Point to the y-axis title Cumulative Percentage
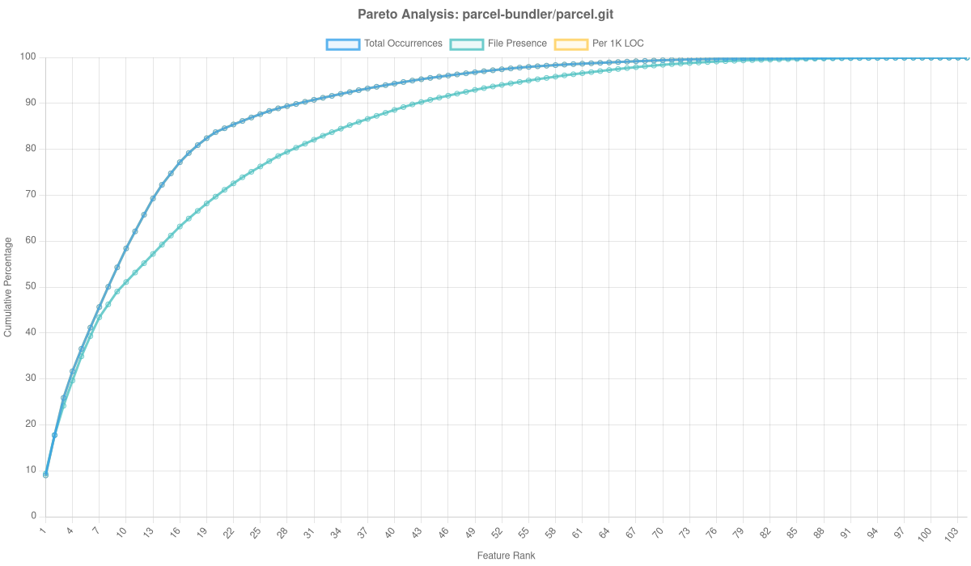8,287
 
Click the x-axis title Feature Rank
506,556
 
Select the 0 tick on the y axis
34,516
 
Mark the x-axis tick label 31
309,533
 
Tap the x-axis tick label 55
524,533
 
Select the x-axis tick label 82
765,533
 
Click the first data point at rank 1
45,475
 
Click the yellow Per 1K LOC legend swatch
570,44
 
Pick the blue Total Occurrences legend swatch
342,44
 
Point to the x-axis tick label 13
148,533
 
